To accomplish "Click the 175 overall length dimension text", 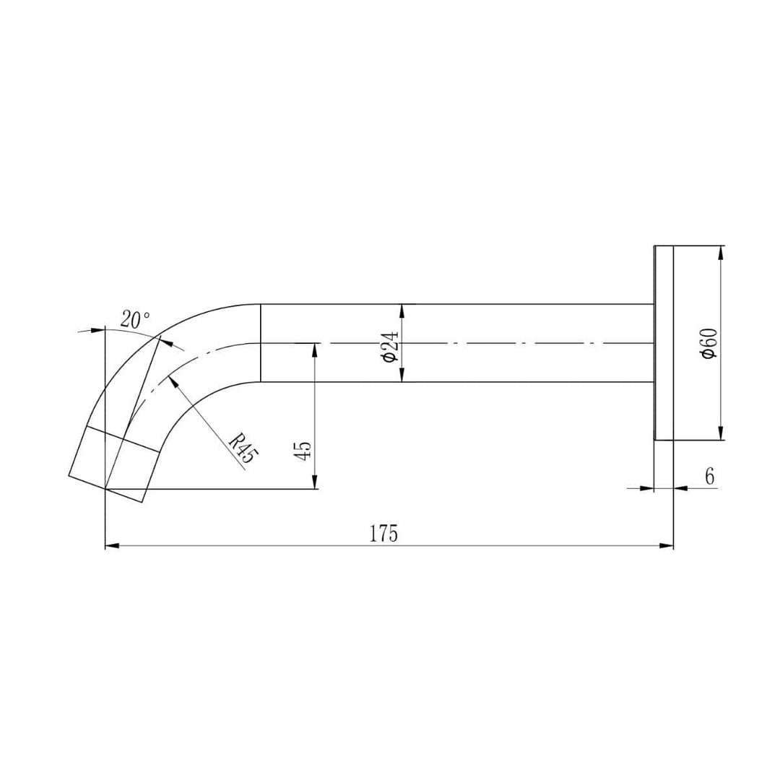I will coord(383,534).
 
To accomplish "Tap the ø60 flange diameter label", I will coord(709,342).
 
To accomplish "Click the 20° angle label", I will coord(135,319).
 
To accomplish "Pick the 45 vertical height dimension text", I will coord(303,451).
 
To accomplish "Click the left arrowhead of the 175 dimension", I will coord(112,546).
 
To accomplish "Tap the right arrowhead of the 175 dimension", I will coord(667,546).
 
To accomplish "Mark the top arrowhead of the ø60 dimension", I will coord(721,252).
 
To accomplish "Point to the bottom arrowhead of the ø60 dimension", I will coord(721,434).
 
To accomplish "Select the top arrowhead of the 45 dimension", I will coord(315,349).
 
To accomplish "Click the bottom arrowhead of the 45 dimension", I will coord(315,483).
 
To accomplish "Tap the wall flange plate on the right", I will coord(664,343).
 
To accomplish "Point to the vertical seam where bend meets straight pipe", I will coord(260,343).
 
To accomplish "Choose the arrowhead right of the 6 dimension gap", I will coord(680,488).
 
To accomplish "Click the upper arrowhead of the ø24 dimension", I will coord(402,311).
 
